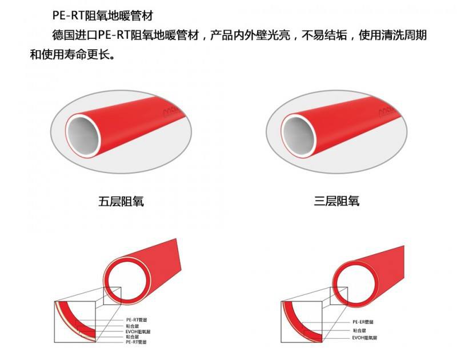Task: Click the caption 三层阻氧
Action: tap(337, 202)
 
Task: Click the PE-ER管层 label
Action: tap(363, 322)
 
